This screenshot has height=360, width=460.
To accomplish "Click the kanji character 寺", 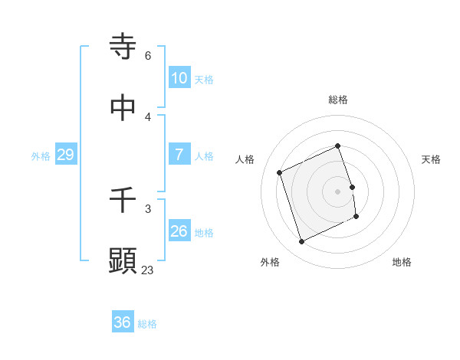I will click(x=123, y=46).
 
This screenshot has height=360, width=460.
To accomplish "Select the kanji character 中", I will click(x=123, y=108).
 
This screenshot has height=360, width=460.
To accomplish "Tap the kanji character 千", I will click(x=123, y=200).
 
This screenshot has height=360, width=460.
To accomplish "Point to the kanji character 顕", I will click(x=123, y=261).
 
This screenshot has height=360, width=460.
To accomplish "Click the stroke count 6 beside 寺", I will click(x=148, y=56).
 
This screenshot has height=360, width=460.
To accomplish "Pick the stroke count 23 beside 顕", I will click(x=147, y=270).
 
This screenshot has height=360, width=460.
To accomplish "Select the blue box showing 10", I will click(x=179, y=77).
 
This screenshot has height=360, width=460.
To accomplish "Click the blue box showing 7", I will click(x=179, y=155).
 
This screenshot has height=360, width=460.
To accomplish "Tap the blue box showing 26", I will click(x=179, y=231).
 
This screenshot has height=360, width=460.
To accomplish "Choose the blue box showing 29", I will click(x=66, y=155).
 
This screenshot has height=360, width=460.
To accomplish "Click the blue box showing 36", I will click(x=123, y=323).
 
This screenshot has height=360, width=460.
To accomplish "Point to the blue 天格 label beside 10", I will click(x=204, y=80).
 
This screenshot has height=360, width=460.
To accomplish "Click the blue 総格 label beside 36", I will click(x=147, y=325).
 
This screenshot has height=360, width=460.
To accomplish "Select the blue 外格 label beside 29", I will click(x=41, y=156).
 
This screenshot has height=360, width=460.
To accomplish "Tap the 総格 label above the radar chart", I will click(x=338, y=100).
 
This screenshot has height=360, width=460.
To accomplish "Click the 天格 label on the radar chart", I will click(x=431, y=159).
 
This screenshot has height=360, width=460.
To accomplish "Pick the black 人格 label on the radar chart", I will click(x=245, y=159).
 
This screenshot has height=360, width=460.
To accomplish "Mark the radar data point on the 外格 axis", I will click(x=301, y=242).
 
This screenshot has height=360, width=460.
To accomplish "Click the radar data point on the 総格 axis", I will click(x=338, y=146).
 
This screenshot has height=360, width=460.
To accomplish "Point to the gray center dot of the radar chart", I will click(x=338, y=191).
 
